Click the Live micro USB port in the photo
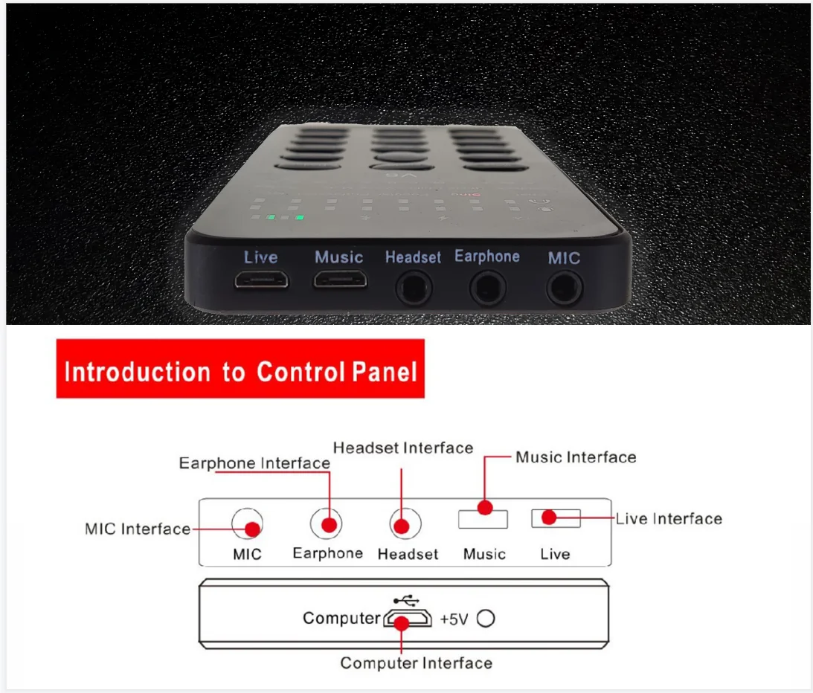261,281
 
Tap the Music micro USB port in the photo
340,281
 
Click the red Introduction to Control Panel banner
240,370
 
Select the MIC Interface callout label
138,529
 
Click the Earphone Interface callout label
254,463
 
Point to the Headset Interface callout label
402,448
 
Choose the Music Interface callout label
576,457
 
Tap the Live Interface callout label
669,518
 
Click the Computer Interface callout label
416,663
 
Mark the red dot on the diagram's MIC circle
253,529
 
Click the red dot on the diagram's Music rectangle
485,508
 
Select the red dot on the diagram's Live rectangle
549,518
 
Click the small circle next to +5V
486,618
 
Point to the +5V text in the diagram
454,619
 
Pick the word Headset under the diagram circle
408,554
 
